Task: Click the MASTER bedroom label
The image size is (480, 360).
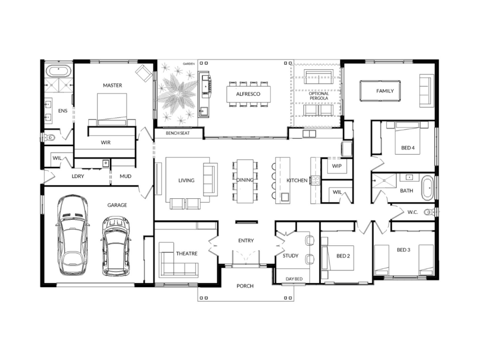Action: [x=112, y=85]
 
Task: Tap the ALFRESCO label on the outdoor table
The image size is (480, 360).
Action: [x=248, y=94]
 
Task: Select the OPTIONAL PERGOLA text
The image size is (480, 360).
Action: [x=319, y=96]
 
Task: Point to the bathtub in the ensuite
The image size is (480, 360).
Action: [x=59, y=71]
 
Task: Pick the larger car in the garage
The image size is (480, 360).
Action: [x=72, y=235]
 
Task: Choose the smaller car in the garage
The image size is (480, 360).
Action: [x=116, y=247]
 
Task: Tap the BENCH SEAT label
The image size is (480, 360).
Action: [x=178, y=133]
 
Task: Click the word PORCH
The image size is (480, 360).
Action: [x=245, y=286]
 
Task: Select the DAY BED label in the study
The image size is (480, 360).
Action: [x=294, y=279]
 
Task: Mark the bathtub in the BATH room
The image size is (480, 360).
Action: [x=427, y=187]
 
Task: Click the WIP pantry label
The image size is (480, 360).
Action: [x=337, y=166]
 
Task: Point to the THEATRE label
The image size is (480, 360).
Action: [x=187, y=254]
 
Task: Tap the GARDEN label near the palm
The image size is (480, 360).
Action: [x=189, y=64]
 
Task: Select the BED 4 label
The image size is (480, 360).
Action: [x=408, y=148]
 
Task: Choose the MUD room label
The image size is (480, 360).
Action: [x=126, y=176]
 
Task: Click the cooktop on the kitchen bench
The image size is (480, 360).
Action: [x=315, y=180]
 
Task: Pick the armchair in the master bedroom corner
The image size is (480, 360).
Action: [x=144, y=73]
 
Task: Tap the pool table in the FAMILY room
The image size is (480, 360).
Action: [x=380, y=90]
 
